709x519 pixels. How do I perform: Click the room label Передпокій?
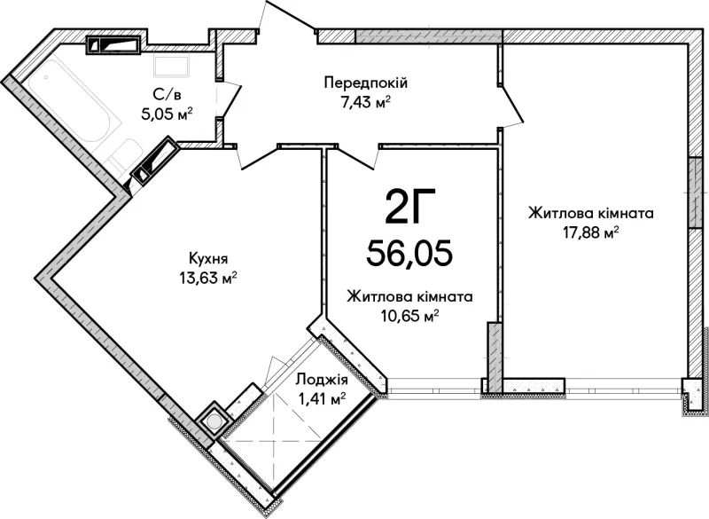[x=366, y=83]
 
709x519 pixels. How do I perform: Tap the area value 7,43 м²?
[x=366, y=103]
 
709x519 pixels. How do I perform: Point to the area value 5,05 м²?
[x=167, y=114]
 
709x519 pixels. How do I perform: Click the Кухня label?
[x=208, y=259]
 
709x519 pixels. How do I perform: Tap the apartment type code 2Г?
[x=410, y=208]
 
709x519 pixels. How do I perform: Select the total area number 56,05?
[x=409, y=253]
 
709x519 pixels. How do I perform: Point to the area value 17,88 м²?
[x=590, y=233]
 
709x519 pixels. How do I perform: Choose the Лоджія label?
[x=321, y=380]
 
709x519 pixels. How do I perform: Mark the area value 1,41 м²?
[x=322, y=399]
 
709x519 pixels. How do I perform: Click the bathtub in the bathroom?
[x=72, y=108]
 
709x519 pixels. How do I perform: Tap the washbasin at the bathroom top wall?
[x=171, y=66]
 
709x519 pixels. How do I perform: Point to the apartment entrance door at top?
[x=288, y=17]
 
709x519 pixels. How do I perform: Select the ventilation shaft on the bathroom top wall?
[x=113, y=44]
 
